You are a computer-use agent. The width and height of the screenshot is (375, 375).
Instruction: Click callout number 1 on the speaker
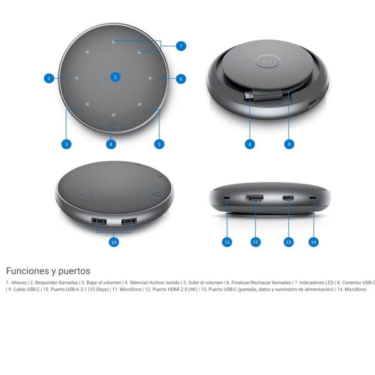point(114,76)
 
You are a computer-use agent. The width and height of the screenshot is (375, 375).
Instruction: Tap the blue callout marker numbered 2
point(49,79)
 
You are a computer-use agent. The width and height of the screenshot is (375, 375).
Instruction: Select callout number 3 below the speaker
point(66,144)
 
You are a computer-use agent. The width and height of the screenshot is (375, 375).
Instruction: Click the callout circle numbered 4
point(111,144)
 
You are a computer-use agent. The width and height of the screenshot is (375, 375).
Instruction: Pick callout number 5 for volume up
point(159,144)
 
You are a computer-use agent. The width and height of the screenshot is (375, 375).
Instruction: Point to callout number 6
point(181,79)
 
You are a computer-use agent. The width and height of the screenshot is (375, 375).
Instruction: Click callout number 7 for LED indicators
point(181,46)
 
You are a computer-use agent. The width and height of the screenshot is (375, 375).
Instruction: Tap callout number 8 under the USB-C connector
point(249,144)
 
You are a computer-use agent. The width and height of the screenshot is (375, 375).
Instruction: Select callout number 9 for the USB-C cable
point(289,144)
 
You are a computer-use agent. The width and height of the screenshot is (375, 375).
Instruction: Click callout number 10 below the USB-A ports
point(114,242)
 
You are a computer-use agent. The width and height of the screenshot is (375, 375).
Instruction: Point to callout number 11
point(227,241)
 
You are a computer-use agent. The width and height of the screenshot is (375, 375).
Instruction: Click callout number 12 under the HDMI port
point(255,241)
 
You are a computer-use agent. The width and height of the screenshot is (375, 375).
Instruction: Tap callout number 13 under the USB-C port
point(288,241)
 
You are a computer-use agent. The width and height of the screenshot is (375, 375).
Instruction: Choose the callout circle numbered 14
point(313,241)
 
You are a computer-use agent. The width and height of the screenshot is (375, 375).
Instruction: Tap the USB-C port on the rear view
point(288,199)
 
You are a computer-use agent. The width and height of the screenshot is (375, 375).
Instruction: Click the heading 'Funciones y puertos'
point(48,271)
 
